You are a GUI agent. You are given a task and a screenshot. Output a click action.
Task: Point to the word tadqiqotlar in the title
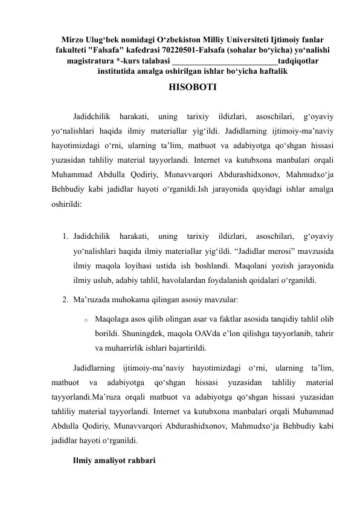coord(300,60)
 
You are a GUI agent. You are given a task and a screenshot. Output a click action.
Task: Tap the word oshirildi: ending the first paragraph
coord(68,204)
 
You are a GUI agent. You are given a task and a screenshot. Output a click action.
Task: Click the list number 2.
coord(65,299)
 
